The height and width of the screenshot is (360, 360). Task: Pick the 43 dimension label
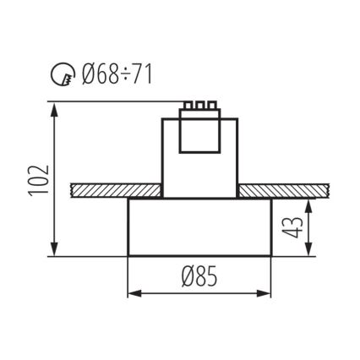[296, 227]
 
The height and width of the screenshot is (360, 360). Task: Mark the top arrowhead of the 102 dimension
[57, 109]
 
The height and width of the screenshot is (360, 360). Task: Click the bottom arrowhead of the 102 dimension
[57, 253]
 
